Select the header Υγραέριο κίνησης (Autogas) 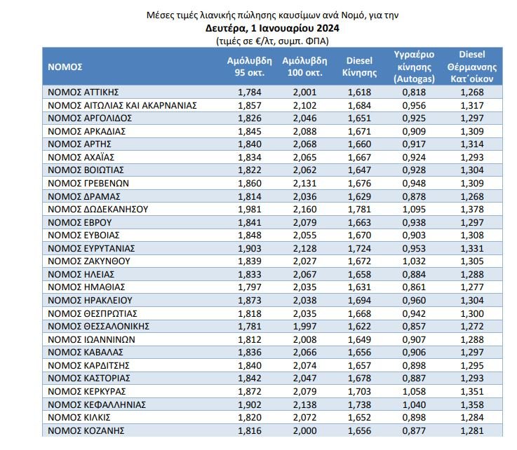tap(413, 67)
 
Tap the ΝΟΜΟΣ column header tap(65, 67)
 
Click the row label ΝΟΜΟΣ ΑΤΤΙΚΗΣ tap(82, 92)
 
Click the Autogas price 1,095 tap(413, 209)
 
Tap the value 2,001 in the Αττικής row tap(306, 92)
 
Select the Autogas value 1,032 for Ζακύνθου tap(413, 261)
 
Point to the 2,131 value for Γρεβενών tap(306, 183)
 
